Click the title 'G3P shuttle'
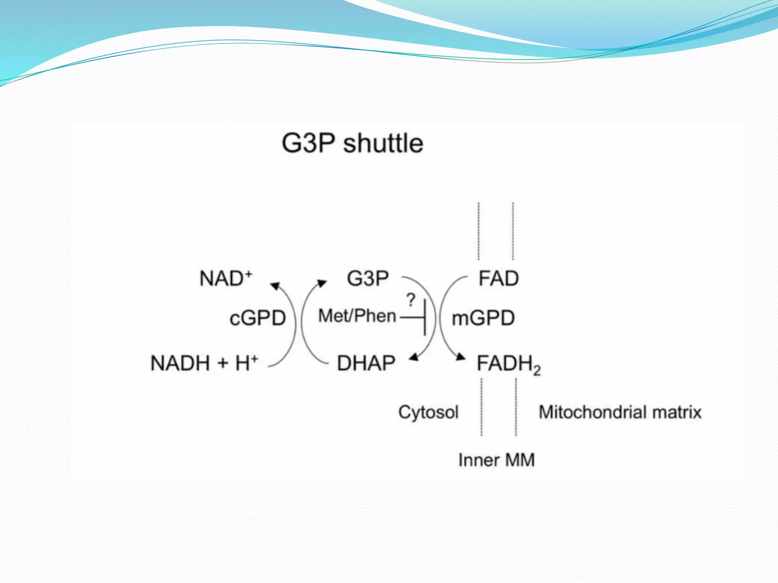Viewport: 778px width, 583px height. click(x=352, y=144)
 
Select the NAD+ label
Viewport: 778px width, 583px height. click(x=226, y=278)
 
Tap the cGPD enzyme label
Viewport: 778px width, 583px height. click(x=258, y=318)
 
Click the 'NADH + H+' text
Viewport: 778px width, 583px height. click(x=204, y=363)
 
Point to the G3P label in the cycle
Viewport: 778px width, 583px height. click(x=368, y=278)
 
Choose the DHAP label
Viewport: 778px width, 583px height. click(x=366, y=363)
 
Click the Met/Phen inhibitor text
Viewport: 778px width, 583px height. click(x=357, y=316)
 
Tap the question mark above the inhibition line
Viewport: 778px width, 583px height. click(x=411, y=300)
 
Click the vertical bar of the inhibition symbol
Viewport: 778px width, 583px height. click(x=425, y=317)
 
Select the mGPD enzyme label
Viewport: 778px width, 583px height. click(x=483, y=318)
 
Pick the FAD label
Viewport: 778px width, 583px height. click(x=498, y=278)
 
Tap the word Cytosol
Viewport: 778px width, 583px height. click(x=429, y=412)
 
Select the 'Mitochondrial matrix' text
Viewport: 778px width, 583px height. click(x=620, y=412)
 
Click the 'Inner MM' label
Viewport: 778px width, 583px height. click(x=497, y=460)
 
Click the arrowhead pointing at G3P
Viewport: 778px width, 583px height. click(x=322, y=283)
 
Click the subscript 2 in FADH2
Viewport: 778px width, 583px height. click(x=537, y=370)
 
